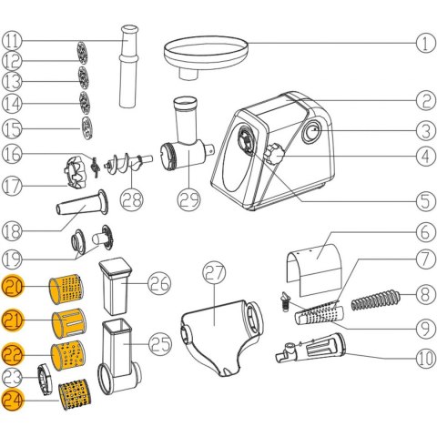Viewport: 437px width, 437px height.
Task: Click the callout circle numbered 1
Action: [425, 44]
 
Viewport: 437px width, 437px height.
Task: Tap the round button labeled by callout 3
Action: [311, 133]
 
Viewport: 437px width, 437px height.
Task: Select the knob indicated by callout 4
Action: [274, 154]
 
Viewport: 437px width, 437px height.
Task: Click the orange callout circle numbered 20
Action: [12, 287]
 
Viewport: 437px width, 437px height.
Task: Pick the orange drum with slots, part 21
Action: [69, 323]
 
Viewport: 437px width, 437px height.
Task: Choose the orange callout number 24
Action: [12, 400]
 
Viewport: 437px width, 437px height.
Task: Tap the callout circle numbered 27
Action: [214, 273]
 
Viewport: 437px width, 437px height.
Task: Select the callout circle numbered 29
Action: [188, 199]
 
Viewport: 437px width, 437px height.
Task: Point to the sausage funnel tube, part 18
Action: [83, 203]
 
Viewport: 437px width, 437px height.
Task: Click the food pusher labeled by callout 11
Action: [129, 66]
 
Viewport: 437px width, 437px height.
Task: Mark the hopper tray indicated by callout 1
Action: [207, 57]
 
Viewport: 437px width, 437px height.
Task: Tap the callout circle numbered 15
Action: [12, 129]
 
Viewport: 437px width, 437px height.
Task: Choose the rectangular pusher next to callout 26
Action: [115, 286]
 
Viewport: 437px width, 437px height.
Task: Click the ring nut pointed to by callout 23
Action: [45, 377]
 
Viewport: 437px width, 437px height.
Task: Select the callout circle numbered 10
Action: [425, 358]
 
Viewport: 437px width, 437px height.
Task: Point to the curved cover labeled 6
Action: [314, 270]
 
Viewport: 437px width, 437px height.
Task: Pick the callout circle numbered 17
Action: [12, 186]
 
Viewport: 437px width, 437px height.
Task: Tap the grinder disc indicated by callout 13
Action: [83, 77]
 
